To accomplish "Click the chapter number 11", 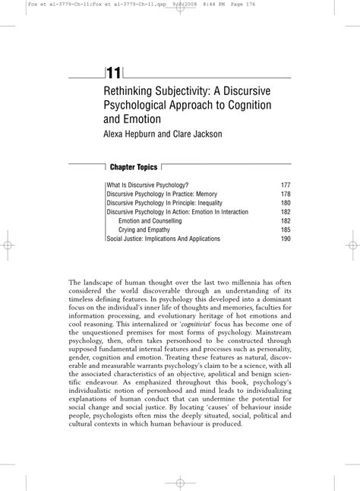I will point(114,72).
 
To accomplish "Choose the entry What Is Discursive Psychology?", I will point(147,185).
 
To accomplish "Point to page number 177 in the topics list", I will point(286,185).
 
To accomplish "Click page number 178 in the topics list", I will point(286,194).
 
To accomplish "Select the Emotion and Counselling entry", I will point(150,220).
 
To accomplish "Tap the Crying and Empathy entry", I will point(144,230).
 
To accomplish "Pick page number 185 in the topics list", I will point(286,230).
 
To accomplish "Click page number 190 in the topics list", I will point(286,239).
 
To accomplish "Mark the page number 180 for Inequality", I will point(286,203).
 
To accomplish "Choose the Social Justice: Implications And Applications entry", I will point(163,239).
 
